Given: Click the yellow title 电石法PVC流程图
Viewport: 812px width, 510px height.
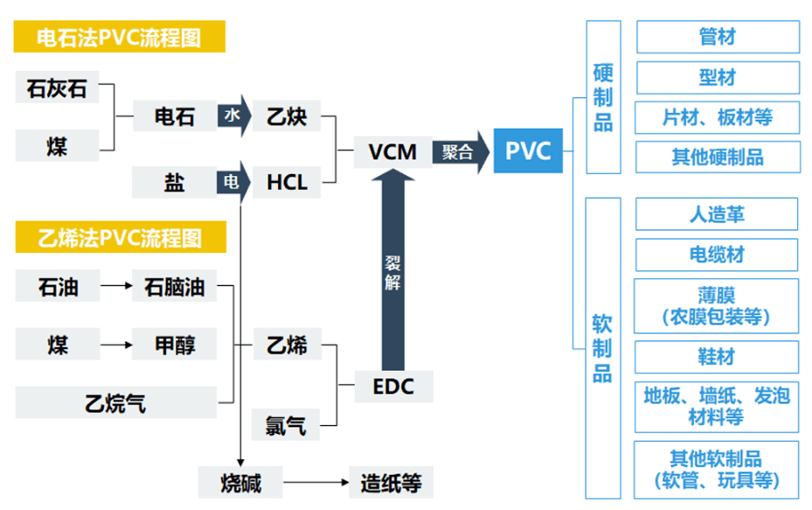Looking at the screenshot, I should [119, 38].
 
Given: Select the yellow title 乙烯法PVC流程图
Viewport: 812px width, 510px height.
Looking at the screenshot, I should [119, 237].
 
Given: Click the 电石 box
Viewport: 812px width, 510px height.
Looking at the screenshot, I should [175, 116].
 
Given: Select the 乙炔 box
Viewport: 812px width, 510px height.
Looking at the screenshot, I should [286, 116].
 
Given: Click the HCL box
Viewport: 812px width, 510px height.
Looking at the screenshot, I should [286, 183].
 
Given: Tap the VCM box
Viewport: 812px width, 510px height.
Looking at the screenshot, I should [392, 151].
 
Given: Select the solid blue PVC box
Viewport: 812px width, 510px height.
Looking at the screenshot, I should [528, 151].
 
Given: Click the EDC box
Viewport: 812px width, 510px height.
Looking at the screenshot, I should [392, 385].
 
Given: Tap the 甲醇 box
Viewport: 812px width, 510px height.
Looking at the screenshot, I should [175, 345].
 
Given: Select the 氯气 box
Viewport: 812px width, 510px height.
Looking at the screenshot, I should [286, 424].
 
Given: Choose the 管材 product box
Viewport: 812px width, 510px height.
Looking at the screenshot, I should [717, 38].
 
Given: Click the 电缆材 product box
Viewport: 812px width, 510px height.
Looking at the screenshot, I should [717, 255].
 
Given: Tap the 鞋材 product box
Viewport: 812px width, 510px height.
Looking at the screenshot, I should [717, 357].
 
